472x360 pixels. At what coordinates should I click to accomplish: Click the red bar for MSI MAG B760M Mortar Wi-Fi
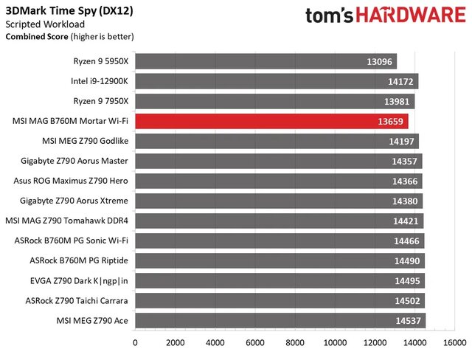pos(271,121)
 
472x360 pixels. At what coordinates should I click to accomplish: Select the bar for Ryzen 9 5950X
pos(265,61)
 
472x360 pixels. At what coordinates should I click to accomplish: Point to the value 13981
pos(398,101)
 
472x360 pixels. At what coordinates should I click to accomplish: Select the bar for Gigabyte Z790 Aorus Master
pos(278,161)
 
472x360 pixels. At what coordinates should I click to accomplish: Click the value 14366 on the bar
pos(406,181)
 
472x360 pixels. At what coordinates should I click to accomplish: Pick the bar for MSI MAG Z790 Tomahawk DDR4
pos(279,221)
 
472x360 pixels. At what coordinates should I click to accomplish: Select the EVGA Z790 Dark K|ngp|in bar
pos(280,280)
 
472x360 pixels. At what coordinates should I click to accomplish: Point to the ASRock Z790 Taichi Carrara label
pos(77,300)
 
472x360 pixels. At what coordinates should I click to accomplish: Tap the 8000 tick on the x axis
pos(296,343)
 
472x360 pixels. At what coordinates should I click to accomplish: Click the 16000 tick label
pos(455,343)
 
